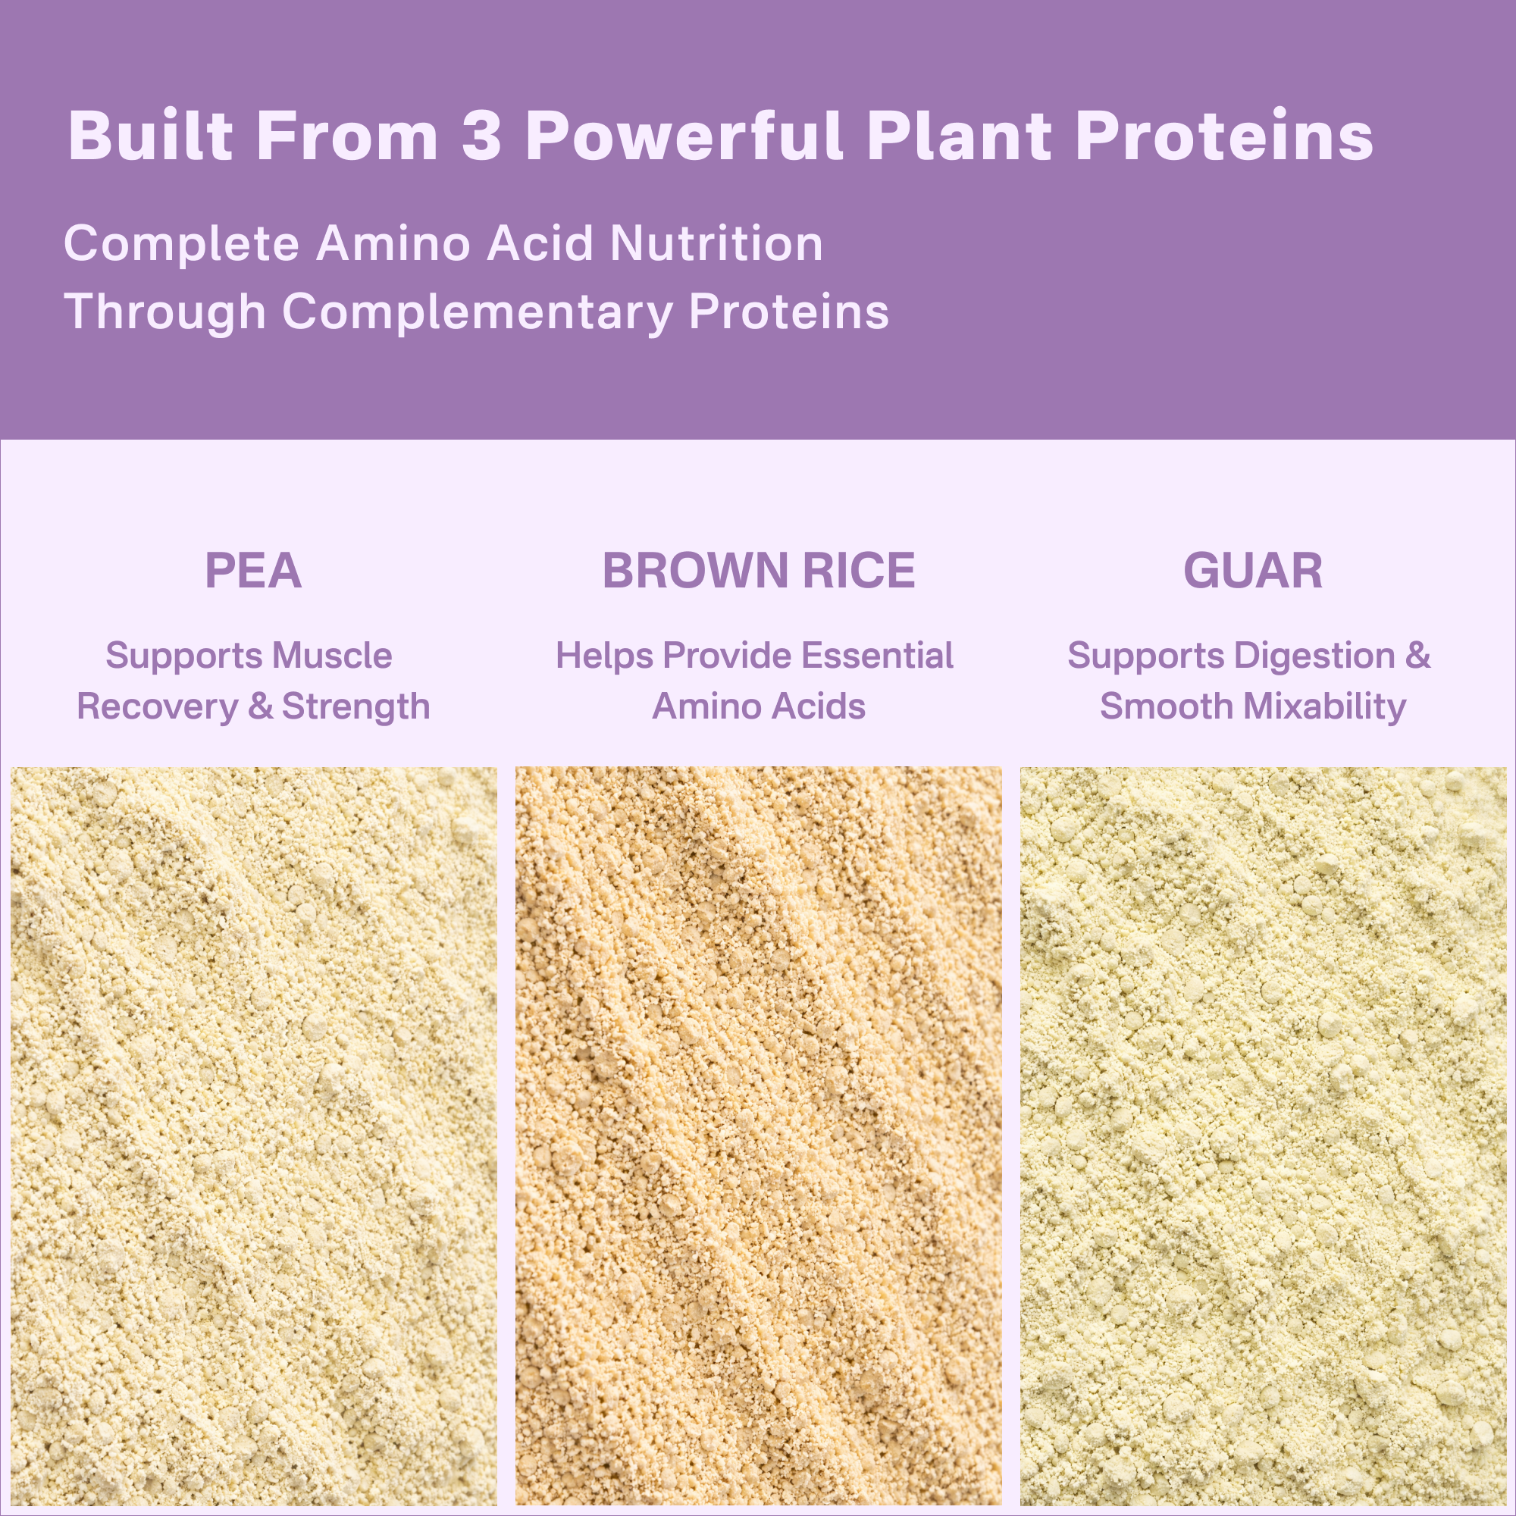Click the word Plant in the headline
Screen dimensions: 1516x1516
959,136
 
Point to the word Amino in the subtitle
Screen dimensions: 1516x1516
394,243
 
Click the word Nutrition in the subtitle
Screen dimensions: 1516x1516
716,243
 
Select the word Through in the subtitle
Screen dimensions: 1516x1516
164,312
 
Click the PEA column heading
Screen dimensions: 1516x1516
252,571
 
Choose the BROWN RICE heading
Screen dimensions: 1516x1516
758,571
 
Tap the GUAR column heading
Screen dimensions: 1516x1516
1252,571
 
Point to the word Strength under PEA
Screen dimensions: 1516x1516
356,706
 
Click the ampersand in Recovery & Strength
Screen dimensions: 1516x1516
261,706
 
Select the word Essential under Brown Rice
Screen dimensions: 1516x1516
877,655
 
